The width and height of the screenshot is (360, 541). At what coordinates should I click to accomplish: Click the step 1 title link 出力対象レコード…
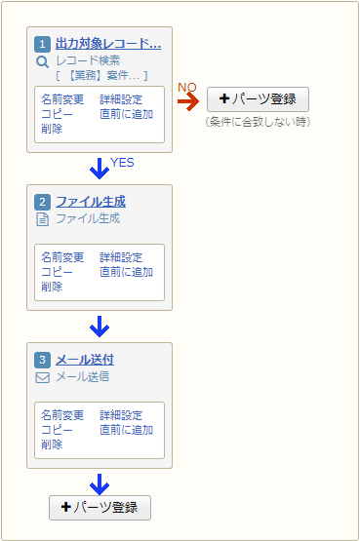(107, 44)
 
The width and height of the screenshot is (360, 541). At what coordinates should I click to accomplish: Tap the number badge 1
(43, 45)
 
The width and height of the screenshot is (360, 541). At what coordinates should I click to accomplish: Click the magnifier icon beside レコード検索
(42, 60)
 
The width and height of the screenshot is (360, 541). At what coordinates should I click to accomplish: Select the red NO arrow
(187, 100)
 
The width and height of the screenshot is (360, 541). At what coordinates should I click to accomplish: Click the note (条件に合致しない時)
(258, 121)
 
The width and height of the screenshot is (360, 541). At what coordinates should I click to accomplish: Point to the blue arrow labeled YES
(99, 168)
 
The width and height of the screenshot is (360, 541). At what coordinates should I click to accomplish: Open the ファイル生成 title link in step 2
(90, 202)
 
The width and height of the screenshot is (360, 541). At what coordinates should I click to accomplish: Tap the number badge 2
(43, 203)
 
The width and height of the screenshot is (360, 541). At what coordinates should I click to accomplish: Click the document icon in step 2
(42, 218)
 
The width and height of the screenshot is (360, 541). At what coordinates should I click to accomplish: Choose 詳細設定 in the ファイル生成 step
(120, 257)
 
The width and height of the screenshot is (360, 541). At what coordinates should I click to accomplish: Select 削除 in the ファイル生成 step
(52, 287)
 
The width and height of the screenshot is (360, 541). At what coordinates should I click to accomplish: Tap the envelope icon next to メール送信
(42, 376)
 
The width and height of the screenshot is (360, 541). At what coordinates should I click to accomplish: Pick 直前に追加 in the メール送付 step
(126, 430)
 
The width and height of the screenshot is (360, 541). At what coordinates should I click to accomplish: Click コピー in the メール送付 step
(57, 430)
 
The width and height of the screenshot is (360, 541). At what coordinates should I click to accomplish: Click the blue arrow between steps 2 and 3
(99, 326)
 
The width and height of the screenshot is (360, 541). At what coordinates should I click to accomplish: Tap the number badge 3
(43, 361)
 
